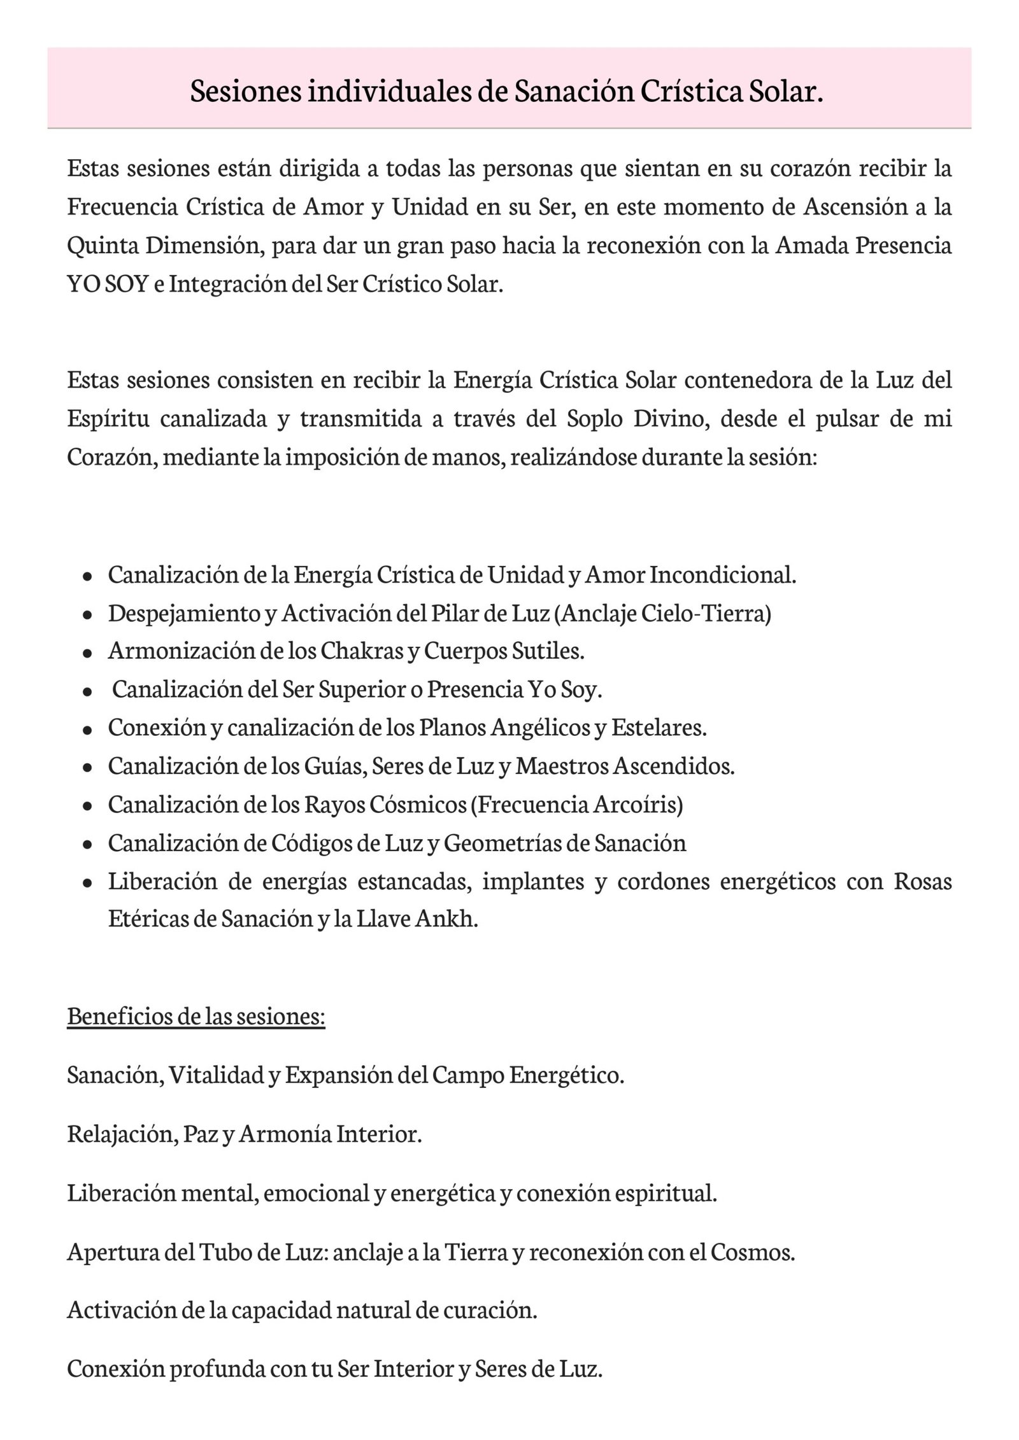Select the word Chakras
coord(358,651)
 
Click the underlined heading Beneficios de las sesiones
coord(196,1015)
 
